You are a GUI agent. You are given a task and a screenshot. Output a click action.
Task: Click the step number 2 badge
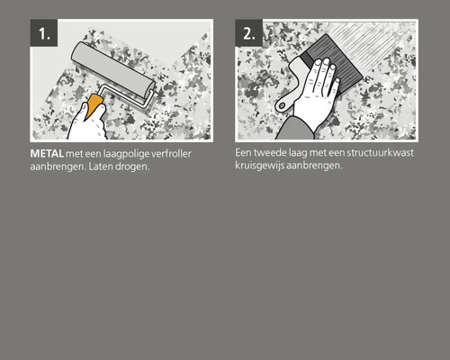[248, 35]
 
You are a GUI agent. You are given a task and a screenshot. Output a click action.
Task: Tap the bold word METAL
[46, 155]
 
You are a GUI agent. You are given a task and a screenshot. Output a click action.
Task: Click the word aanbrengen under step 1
[50, 167]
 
